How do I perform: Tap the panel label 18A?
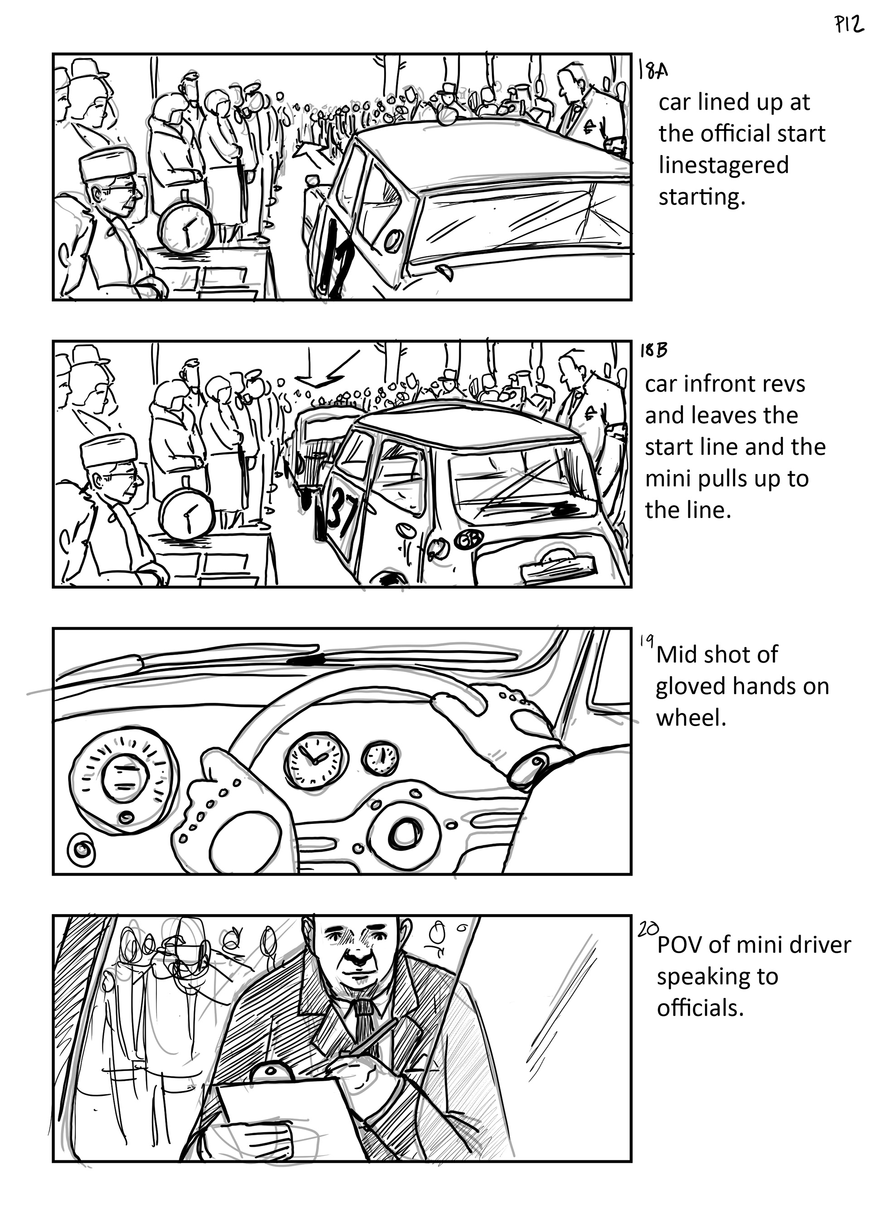653,70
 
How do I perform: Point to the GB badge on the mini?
469,540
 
